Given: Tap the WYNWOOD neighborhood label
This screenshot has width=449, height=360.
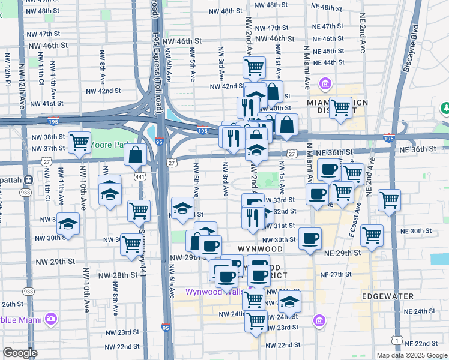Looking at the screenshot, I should pyautogui.click(x=259, y=248).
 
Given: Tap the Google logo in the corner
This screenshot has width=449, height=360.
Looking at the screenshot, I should pyautogui.click(x=20, y=353).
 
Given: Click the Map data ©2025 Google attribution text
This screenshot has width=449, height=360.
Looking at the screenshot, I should pyautogui.click(x=412, y=355).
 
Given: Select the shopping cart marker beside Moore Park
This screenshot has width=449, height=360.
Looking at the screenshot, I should pyautogui.click(x=79, y=143).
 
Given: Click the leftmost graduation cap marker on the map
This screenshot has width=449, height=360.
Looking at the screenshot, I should pyautogui.click(x=68, y=224).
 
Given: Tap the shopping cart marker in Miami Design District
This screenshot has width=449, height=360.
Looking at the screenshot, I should pyautogui.click(x=340, y=109).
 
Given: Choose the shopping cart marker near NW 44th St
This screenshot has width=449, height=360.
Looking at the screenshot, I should pyautogui.click(x=255, y=67).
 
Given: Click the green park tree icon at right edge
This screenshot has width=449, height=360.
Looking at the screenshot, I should pyautogui.click(x=446, y=109).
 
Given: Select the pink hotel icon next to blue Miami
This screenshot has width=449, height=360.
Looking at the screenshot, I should pyautogui.click(x=52, y=317).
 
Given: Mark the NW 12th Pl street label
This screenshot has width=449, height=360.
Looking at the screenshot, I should pyautogui.click(x=8, y=67).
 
